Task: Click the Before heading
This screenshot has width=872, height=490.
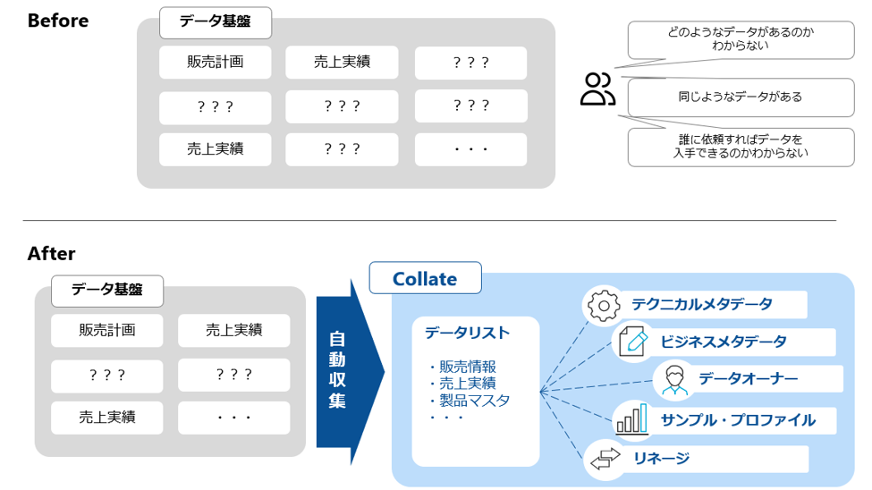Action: click(x=58, y=21)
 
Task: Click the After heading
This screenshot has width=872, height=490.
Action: click(x=51, y=254)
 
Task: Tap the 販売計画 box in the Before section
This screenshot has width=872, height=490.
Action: click(x=215, y=63)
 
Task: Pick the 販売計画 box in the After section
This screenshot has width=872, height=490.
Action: click(x=106, y=330)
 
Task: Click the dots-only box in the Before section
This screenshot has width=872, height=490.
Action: click(x=470, y=149)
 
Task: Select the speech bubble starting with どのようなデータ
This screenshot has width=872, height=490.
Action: click(x=729, y=38)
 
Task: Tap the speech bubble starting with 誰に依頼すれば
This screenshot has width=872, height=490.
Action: click(x=729, y=147)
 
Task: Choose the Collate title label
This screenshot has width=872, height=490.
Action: click(x=425, y=279)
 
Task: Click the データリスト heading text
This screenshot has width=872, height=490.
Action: click(x=467, y=333)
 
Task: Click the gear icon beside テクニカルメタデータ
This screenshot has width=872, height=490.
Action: click(x=603, y=305)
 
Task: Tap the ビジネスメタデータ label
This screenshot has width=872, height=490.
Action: click(x=724, y=342)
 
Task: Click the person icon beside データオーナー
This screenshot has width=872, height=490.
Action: click(x=672, y=380)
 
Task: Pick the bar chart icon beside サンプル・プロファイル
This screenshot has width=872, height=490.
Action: click(x=631, y=419)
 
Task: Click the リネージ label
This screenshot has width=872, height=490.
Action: click(x=661, y=459)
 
